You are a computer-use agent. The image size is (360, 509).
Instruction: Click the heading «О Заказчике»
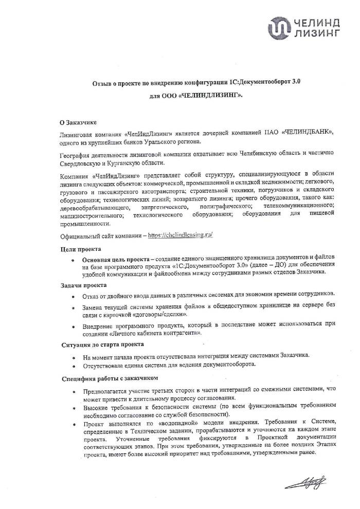click(77, 122)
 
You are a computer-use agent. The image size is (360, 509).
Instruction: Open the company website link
click(180, 234)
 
